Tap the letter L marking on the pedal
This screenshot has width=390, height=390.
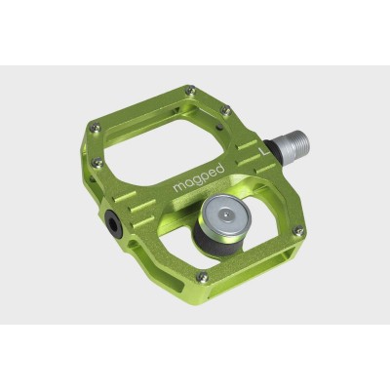coord(262,152)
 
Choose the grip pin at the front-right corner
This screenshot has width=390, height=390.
coord(299,231)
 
